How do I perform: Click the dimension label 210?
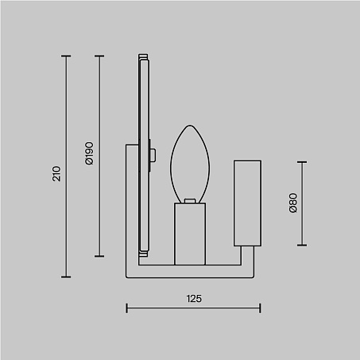[56, 174]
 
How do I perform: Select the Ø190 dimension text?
[90, 153]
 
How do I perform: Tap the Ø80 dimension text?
[293, 203]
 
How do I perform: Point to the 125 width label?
[194, 299]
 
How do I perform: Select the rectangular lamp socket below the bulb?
[190, 234]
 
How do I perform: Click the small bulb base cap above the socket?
[190, 201]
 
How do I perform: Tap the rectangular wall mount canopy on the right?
[247, 203]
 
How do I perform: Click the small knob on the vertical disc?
[153, 155]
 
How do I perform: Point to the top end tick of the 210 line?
[66, 56]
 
